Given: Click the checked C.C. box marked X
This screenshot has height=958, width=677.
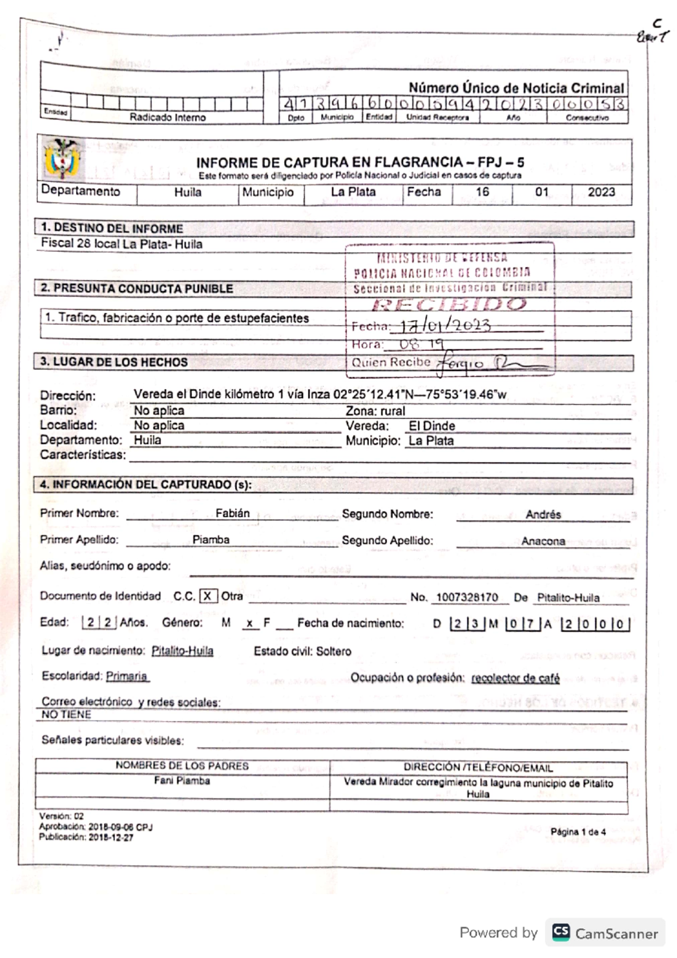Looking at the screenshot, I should [208, 596].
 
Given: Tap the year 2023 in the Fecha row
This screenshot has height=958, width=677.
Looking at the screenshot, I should [601, 192].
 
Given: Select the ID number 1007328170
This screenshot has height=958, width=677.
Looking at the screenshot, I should [467, 597].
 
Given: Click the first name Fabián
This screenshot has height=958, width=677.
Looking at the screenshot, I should [232, 513].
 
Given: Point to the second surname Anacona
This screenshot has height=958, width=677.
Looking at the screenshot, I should [543, 540].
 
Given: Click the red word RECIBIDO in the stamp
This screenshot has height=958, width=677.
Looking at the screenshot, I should [449, 305].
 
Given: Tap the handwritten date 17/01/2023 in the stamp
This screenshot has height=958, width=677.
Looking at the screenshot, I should [445, 326].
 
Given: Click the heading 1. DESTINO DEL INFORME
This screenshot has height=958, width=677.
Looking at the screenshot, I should [112, 228].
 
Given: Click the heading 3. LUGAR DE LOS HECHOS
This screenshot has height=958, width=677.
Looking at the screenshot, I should [113, 362].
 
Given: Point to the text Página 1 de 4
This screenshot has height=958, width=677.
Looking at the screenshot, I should [578, 832].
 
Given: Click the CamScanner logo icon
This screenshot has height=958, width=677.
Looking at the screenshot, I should [561, 932].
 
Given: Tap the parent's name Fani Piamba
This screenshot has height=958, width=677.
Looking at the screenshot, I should [182, 781].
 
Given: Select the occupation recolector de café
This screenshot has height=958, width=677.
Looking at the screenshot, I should [515, 678].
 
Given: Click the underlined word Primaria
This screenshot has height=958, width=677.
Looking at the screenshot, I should [127, 676].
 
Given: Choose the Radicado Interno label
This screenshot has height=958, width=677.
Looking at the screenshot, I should [168, 117].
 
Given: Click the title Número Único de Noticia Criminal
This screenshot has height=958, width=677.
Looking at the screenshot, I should [516, 88].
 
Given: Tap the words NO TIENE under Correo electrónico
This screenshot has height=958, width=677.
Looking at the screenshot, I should [66, 714].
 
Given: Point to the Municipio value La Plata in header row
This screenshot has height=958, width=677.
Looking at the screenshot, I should [353, 192].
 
